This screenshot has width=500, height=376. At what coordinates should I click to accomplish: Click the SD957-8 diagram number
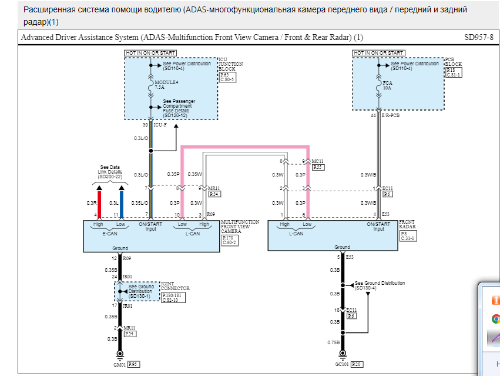tap(479, 37)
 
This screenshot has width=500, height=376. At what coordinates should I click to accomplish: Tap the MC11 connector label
tap(317, 161)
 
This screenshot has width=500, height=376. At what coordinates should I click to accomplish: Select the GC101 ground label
tap(342, 365)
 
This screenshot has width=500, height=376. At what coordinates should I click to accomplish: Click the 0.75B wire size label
tap(333, 341)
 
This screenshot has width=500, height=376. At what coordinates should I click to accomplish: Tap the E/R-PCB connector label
tap(391, 117)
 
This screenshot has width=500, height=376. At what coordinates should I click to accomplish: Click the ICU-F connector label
tap(161, 125)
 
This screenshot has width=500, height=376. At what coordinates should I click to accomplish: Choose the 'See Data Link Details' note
tap(110, 171)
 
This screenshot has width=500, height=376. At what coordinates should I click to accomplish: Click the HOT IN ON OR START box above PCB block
tap(378, 53)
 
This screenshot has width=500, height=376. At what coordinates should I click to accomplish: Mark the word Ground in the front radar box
tap(342, 247)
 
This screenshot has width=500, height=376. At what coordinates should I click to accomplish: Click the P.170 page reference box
tap(228, 238)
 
